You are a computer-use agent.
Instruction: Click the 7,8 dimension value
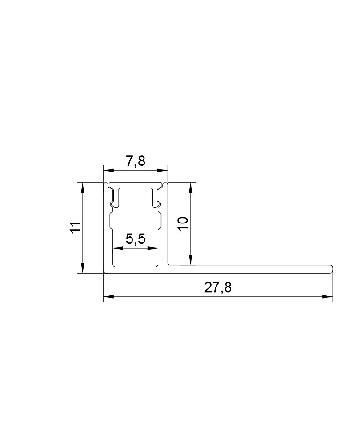[x=135, y=161]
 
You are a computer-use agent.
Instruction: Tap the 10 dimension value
[x=183, y=224]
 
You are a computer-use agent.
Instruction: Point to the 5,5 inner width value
[x=135, y=239]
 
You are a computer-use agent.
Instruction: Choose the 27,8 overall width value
[x=218, y=288]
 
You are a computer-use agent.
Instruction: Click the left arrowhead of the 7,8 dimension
[x=108, y=170]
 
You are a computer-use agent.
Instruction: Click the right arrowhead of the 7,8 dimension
[x=162, y=170]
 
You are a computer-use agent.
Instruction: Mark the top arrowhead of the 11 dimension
[x=83, y=188]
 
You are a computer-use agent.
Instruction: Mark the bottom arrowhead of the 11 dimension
[x=83, y=268]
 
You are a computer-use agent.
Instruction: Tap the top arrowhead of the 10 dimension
[x=191, y=188]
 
